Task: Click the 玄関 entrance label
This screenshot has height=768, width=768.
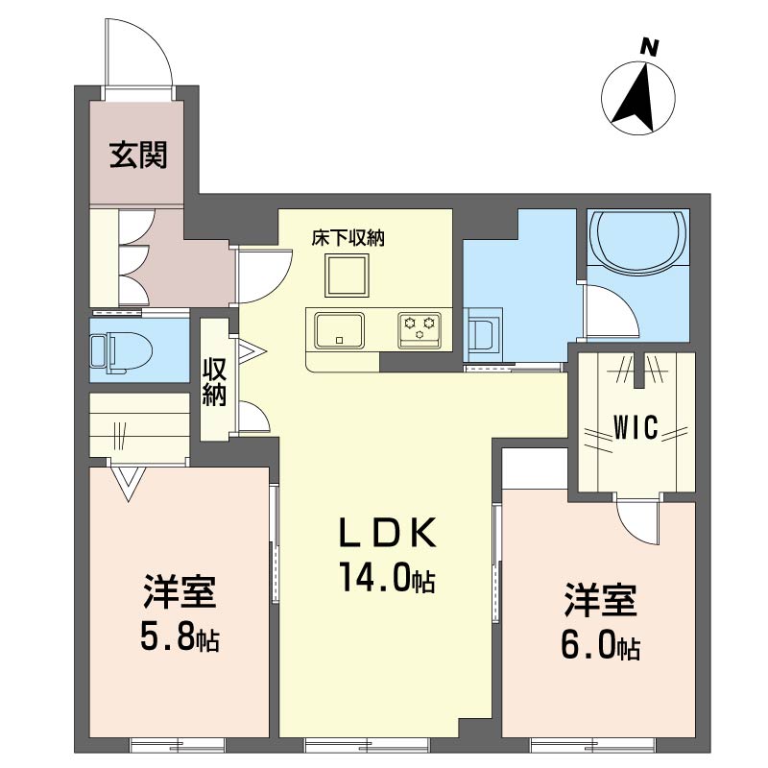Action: point(138,155)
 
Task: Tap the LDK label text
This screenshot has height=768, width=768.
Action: point(388,533)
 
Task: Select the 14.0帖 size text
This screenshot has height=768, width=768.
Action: point(387,577)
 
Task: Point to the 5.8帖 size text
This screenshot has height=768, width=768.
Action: point(180,636)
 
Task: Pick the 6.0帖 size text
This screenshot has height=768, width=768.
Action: point(600,646)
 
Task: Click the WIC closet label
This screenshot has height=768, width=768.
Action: point(636,427)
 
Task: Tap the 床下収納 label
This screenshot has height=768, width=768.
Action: point(348,238)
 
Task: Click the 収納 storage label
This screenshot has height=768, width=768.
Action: point(214,382)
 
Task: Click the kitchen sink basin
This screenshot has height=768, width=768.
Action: point(339,329)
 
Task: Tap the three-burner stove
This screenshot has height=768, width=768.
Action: point(420,329)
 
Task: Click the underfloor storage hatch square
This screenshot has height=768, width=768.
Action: point(347,276)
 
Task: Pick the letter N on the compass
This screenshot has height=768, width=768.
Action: point(649,47)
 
